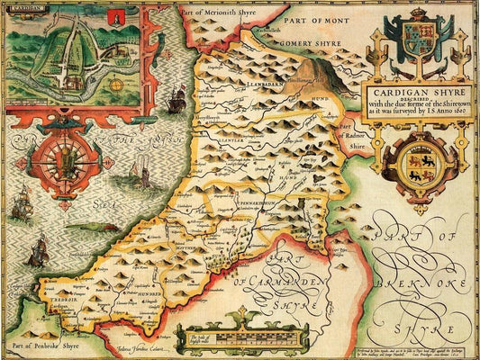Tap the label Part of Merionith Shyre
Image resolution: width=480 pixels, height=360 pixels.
(x=217, y=12)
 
